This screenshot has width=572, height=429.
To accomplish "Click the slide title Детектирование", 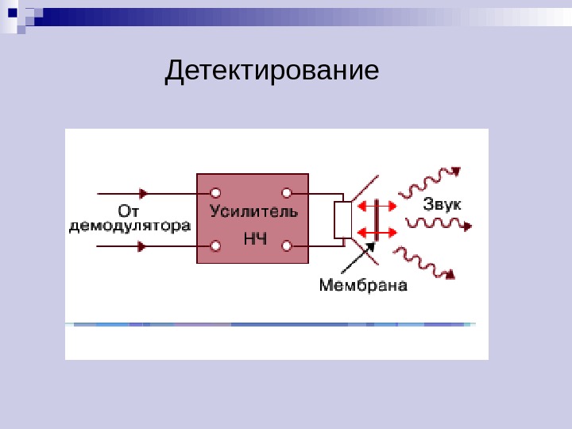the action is point(272,71).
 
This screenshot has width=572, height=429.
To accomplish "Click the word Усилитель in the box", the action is point(253,211).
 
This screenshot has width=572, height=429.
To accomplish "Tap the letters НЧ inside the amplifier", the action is point(254,238).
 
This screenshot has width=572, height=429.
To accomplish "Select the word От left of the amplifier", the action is point(129,211).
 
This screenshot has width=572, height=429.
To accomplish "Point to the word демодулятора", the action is point(129,226).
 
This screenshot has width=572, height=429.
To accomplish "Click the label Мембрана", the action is point(363,284).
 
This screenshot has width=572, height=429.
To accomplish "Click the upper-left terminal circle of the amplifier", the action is point(215,192).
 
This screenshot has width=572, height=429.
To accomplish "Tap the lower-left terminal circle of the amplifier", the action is point(215,246).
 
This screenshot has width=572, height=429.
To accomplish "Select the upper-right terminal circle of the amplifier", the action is point(287,192).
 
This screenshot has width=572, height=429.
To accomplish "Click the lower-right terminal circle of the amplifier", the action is point(287,246).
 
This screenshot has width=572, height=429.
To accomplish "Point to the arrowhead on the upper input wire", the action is point(144,192).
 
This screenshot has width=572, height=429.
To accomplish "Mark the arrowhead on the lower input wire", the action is point(142,246).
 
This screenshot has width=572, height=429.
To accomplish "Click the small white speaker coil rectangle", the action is point(342,220).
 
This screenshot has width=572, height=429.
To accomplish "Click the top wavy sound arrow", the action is point(430,182).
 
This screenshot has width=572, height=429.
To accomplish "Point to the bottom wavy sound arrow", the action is point(426,263).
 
